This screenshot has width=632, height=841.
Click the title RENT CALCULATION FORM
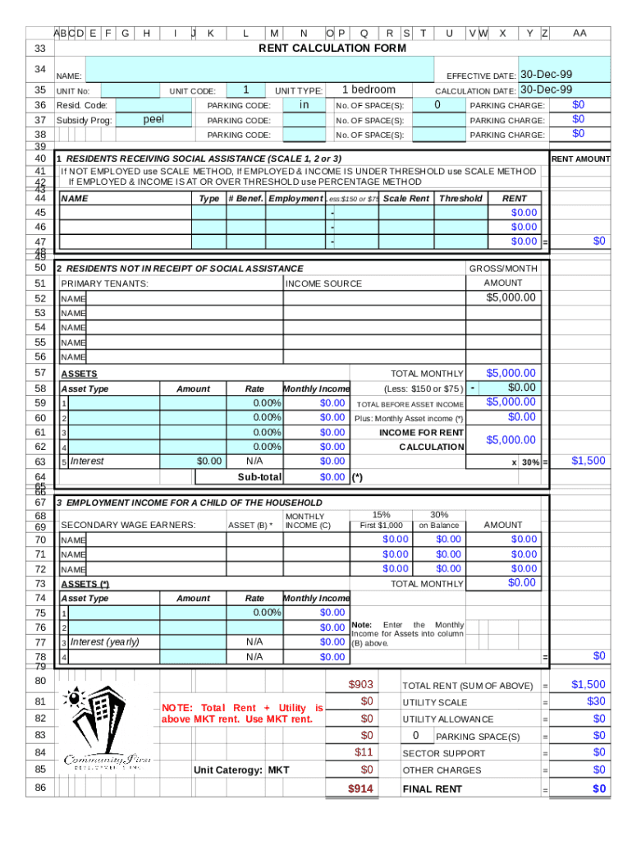(332, 48)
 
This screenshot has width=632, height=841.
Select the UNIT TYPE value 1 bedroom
(369, 90)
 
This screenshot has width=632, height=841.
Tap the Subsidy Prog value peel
(153, 119)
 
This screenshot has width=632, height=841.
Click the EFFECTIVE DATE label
(481, 76)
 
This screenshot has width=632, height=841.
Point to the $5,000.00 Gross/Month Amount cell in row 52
(511, 297)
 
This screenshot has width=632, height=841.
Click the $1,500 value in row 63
(588, 461)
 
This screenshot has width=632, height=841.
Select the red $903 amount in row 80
(361, 684)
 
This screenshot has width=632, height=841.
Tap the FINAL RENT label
(432, 789)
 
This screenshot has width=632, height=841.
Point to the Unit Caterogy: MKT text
(241, 770)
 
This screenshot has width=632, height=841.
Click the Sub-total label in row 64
(259, 477)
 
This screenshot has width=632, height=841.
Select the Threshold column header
(460, 199)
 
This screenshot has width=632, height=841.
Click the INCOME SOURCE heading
(323, 284)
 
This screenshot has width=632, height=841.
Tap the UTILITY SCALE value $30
(596, 701)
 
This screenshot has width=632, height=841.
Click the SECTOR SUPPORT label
(443, 753)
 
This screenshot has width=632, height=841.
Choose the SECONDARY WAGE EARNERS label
(128, 525)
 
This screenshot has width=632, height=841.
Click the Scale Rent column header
(406, 199)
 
